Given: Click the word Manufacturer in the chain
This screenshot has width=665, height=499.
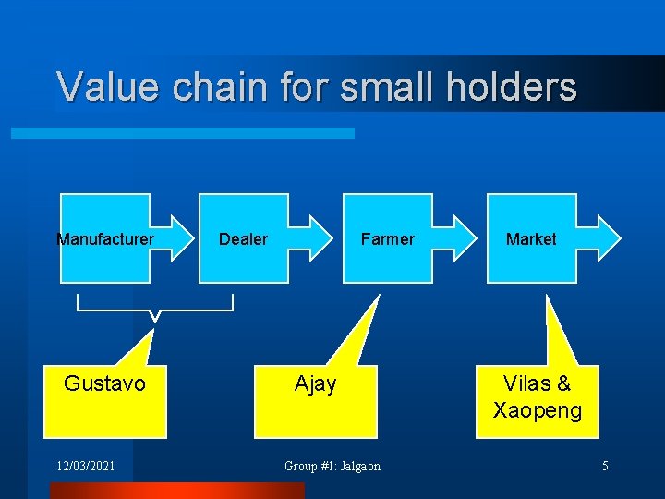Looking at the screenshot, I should pyautogui.click(x=105, y=239).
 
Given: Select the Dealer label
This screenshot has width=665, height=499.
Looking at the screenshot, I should pyautogui.click(x=243, y=239).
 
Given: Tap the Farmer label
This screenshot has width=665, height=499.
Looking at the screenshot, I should pyautogui.click(x=387, y=239).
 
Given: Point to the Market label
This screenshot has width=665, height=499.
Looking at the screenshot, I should pyautogui.click(x=531, y=239).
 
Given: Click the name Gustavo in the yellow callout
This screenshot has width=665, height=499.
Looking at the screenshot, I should pyautogui.click(x=104, y=383).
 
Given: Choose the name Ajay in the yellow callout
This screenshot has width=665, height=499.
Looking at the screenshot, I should pyautogui.click(x=315, y=383).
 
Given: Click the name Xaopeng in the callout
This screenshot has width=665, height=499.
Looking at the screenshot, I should pyautogui.click(x=538, y=410).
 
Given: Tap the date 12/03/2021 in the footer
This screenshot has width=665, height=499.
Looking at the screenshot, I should pyautogui.click(x=85, y=466).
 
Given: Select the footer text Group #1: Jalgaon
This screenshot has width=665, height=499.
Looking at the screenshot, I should pyautogui.click(x=332, y=466).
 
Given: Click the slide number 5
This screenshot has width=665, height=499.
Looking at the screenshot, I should pyautogui.click(x=605, y=466).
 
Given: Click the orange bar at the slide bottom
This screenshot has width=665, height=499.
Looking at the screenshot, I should pyautogui.click(x=175, y=491).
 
